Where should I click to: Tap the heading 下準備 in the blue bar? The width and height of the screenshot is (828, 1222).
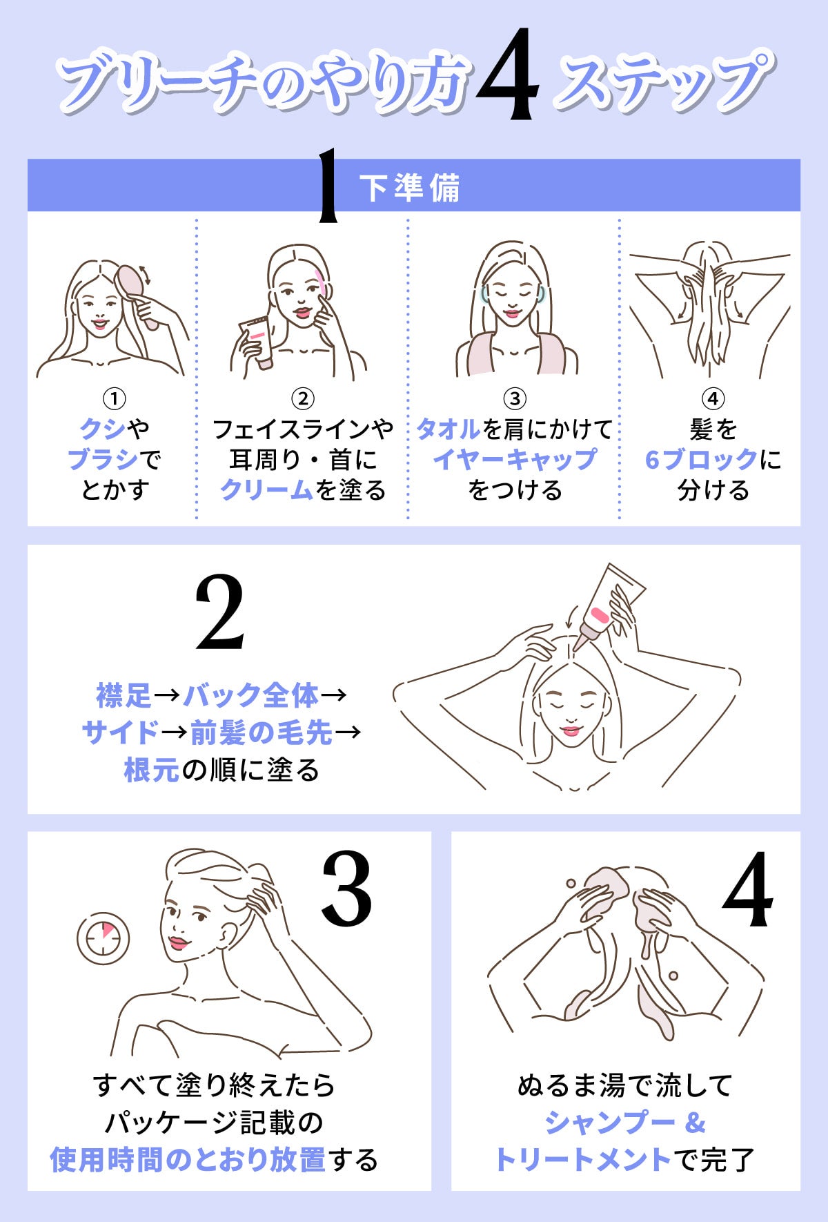click(409, 188)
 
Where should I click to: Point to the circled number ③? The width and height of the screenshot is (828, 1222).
click(515, 398)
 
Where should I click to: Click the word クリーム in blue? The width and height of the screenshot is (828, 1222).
click(266, 489)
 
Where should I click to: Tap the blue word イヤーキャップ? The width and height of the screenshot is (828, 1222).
click(515, 459)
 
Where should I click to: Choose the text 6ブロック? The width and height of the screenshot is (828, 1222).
click(701, 459)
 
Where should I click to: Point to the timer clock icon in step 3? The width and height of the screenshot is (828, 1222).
click(103, 939)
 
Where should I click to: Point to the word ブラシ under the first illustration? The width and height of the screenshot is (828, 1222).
click(103, 459)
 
